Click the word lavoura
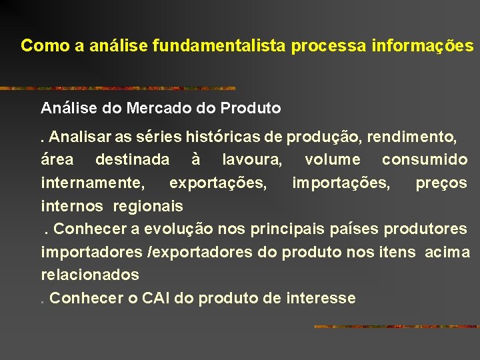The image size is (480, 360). pyautogui.click(x=251, y=160)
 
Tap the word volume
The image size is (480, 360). pyautogui.click(x=332, y=160)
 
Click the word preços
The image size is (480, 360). pyautogui.click(x=441, y=183)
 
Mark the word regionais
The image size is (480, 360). pyautogui.click(x=148, y=205)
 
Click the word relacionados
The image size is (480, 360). pyautogui.click(x=90, y=275)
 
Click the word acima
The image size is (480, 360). pyautogui.click(x=447, y=252)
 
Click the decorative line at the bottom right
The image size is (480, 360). pyautogui.click(x=396, y=327)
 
